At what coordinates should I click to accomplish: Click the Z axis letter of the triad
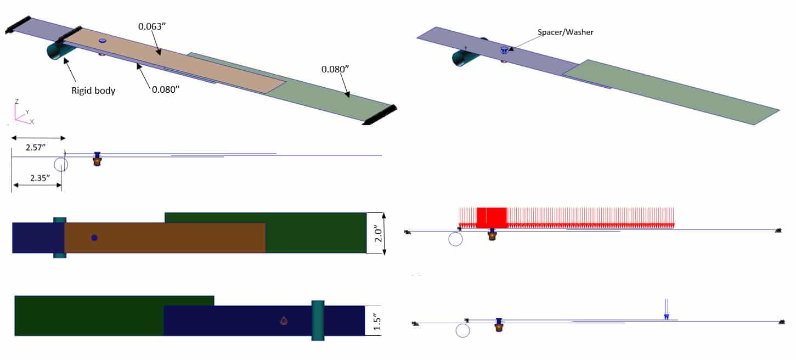17,101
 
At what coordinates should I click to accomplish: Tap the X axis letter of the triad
32,121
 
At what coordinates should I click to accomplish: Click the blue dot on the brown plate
94,238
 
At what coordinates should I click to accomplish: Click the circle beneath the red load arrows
455,239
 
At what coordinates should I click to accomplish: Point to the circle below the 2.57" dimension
61,164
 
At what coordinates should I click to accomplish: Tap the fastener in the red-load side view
492,235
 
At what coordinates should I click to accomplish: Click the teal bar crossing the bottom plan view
318,320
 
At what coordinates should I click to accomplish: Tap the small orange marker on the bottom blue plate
284,320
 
